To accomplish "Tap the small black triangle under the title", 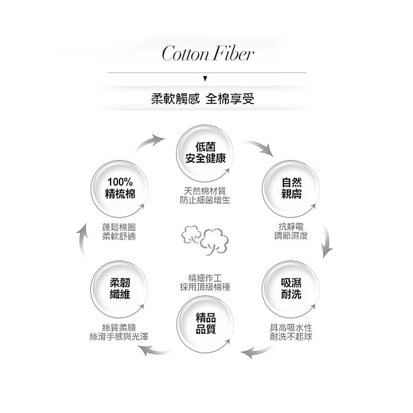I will click(206, 79).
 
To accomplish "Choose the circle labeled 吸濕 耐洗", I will click(291, 289).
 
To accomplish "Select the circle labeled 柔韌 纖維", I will click(120, 289).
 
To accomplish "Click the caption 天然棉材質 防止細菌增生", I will click(205, 195).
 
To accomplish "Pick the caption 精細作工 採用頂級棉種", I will click(205, 282).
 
